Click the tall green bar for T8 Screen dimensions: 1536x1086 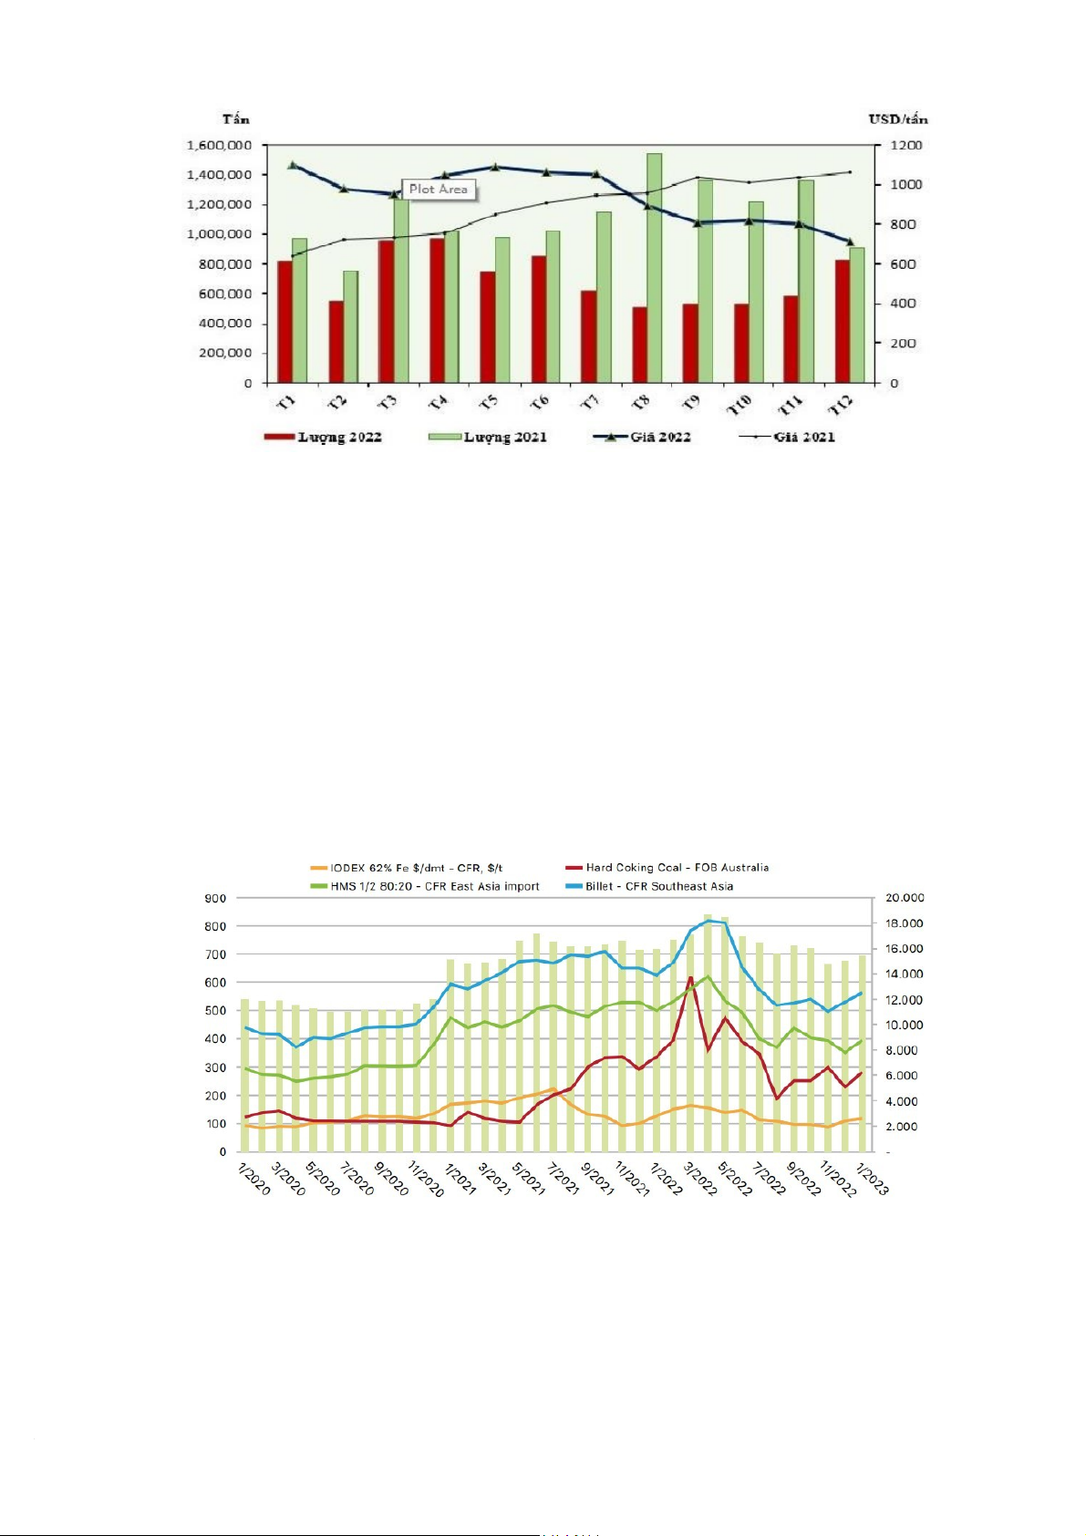pos(654,267)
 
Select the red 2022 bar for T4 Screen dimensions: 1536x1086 pos(437,310)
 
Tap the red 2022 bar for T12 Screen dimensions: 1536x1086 pos(842,321)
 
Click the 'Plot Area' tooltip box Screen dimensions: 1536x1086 pos(439,190)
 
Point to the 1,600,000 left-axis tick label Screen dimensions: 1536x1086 pos(219,145)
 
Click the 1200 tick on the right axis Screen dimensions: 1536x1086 pos(906,145)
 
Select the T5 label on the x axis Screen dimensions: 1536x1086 pos(489,402)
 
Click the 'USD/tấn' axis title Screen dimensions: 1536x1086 pos(897,119)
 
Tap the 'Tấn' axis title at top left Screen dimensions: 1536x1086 pos(235,119)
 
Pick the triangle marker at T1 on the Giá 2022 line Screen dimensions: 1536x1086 pos(292,165)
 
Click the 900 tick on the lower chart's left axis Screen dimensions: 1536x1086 pos(215,899)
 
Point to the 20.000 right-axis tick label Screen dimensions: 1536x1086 pos(905,898)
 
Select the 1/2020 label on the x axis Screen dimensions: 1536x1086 pos(254,1178)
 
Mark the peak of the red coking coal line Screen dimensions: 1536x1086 pos(690,978)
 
